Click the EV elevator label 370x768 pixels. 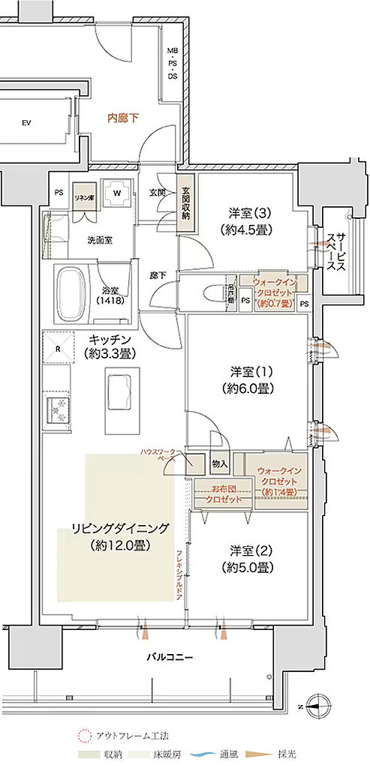(x=26, y=121)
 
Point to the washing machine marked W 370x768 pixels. (x=116, y=191)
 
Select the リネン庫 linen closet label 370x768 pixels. (x=83, y=196)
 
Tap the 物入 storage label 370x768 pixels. (x=220, y=465)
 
